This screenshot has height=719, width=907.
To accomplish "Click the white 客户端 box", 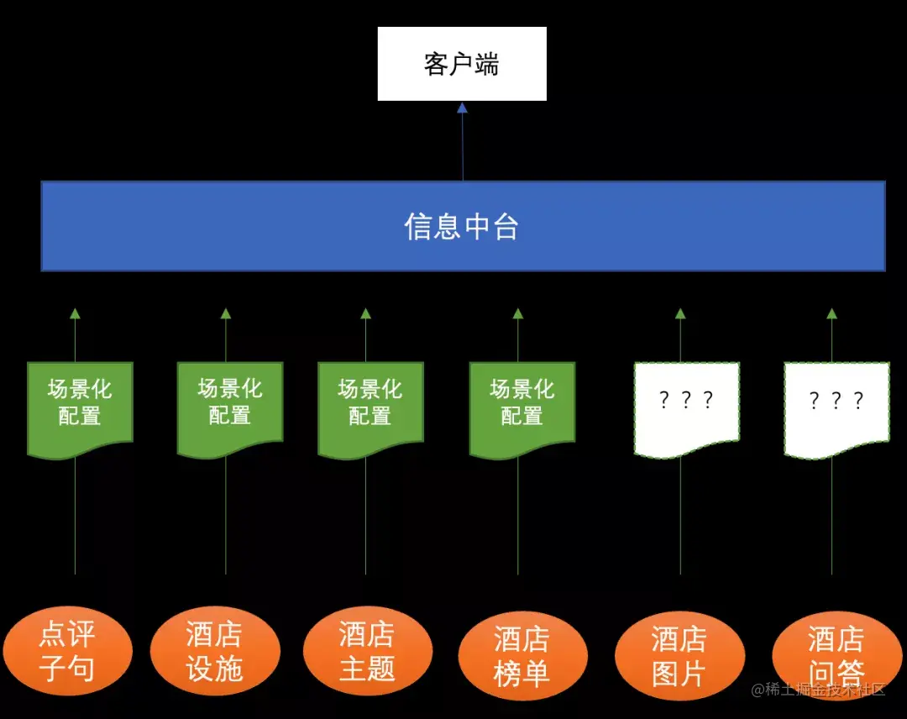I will [462, 64].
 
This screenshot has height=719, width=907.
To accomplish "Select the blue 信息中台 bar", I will [463, 226].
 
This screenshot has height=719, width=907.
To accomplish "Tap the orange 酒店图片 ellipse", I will [679, 656].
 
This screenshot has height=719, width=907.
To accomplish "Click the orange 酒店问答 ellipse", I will [836, 656].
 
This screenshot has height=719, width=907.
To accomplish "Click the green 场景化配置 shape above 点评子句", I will [80, 405].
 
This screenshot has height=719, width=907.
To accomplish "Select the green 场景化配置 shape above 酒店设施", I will [230, 405].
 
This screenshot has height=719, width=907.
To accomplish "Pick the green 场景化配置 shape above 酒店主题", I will [370, 405].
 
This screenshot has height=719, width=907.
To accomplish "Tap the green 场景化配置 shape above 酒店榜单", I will [522, 405].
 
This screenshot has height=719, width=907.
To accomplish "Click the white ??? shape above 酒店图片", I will [686, 405].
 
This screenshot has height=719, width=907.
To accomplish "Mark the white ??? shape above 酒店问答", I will [836, 405].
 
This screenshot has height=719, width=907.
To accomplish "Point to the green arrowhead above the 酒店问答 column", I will [831, 314].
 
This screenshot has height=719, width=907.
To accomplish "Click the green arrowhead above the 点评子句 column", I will [75, 314].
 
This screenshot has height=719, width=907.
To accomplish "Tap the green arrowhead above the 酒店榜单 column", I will [517, 314].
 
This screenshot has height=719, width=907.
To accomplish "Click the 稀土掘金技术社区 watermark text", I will [819, 690].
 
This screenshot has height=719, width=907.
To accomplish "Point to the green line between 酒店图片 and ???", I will [680, 521].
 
